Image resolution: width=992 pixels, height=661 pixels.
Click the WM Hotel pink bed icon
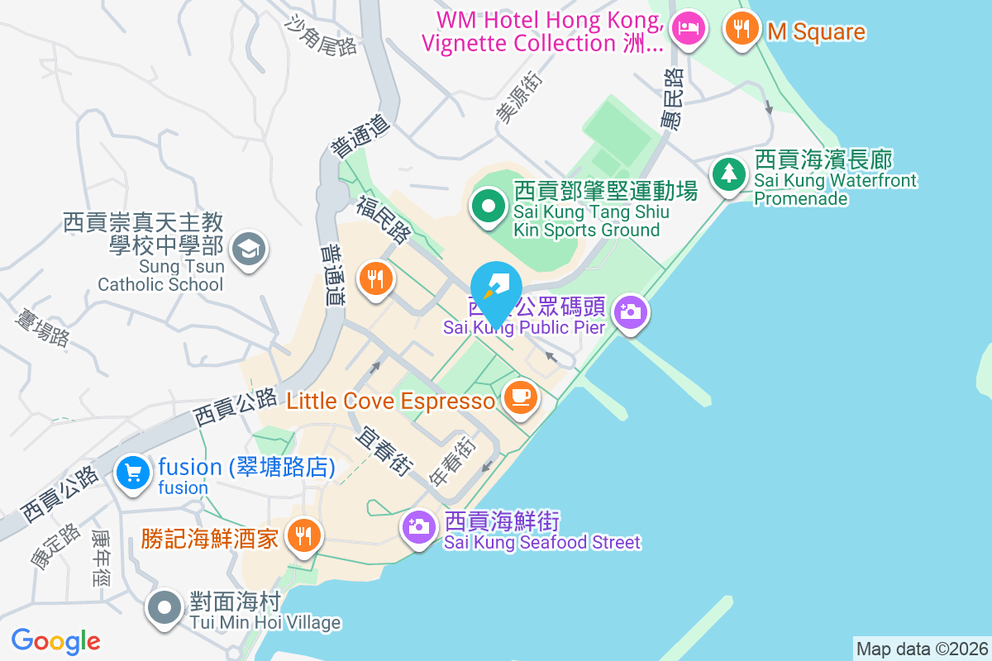[x=688, y=28]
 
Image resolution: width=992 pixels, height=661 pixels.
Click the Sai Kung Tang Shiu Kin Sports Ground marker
[x=489, y=207]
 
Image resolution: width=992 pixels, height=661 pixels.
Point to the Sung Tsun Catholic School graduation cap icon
[x=249, y=246]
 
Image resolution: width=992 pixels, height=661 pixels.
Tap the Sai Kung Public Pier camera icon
[x=630, y=311]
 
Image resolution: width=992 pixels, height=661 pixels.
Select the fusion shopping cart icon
[x=132, y=472]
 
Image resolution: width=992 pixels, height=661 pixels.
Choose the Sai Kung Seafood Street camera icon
[x=419, y=525]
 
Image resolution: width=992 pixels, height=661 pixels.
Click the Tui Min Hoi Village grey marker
[x=165, y=608]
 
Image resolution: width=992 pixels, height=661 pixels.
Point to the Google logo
[x=56, y=641]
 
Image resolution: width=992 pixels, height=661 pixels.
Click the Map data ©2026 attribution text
[x=921, y=649]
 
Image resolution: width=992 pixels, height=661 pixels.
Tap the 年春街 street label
[x=454, y=460]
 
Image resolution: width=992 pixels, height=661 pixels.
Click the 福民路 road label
[x=383, y=220]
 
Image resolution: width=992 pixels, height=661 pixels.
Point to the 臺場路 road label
[x=42, y=325]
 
